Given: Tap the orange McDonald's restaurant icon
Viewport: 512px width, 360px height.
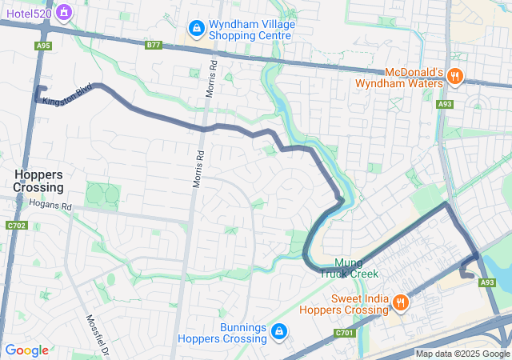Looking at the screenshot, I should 455,78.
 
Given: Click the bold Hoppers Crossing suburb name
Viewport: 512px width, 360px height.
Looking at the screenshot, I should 38,180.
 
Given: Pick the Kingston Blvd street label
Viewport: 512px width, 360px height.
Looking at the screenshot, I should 67,94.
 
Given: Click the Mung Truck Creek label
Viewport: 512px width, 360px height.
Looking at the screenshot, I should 349,268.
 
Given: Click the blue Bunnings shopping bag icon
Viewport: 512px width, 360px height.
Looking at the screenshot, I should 278,331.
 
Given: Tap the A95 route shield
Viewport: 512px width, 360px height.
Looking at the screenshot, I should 43,46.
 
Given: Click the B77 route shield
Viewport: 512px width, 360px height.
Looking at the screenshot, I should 154,46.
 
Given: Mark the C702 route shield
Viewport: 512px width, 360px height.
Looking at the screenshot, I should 14,226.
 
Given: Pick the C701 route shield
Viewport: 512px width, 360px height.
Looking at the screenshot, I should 345,333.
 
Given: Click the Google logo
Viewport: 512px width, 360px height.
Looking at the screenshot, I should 26,350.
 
